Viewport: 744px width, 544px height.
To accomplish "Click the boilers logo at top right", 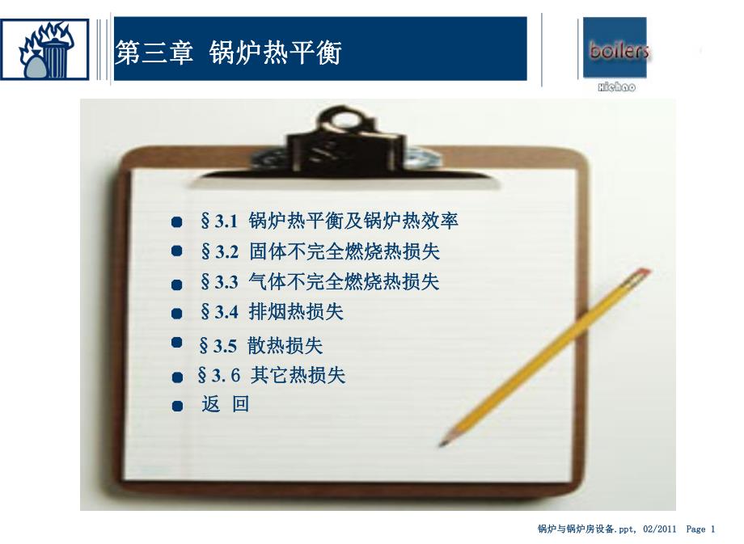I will pyautogui.click(x=615, y=50).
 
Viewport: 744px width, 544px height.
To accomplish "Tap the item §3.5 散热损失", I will pyautogui.click(x=260, y=345).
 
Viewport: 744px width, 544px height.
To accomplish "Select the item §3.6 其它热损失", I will pyautogui.click(x=271, y=376).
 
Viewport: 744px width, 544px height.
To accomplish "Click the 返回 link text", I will pyautogui.click(x=226, y=405).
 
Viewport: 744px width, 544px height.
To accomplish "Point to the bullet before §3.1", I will pyautogui.click(x=177, y=221).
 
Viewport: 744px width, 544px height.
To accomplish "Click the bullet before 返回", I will pyautogui.click(x=177, y=406).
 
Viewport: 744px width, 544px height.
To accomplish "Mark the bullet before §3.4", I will pyautogui.click(x=177, y=313).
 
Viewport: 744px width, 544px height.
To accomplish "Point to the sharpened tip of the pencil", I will pyautogui.click(x=443, y=442).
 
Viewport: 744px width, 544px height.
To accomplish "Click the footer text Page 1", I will pyautogui.click(x=700, y=529).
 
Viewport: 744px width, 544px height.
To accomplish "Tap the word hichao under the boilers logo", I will pyautogui.click(x=615, y=86).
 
